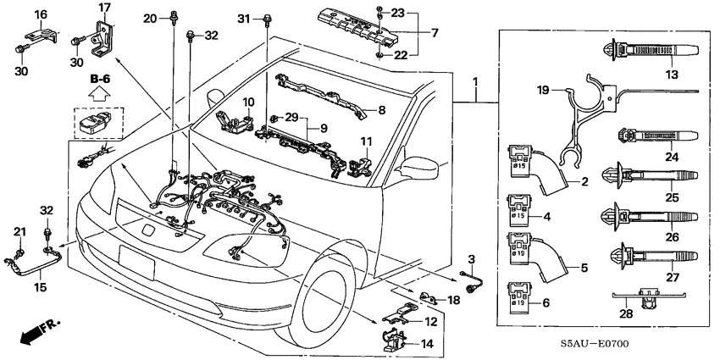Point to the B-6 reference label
coord(100,80)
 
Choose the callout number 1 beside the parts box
coord(475,81)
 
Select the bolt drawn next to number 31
coord(267,18)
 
